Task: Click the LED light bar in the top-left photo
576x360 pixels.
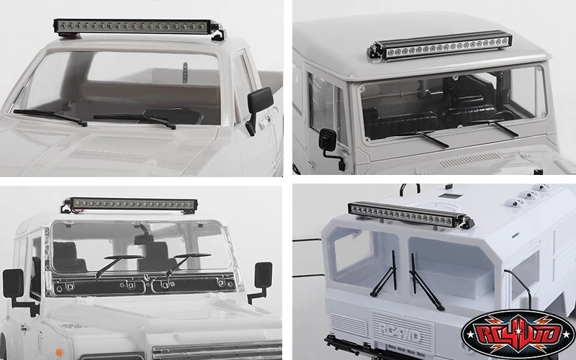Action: [x=133, y=27]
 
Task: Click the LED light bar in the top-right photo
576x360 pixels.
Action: [x=439, y=46]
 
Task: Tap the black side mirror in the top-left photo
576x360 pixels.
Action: [x=259, y=107]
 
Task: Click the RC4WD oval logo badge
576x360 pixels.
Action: [x=518, y=335]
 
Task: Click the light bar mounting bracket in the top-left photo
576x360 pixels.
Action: [x=218, y=33]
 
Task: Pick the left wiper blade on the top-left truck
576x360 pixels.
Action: [x=50, y=117]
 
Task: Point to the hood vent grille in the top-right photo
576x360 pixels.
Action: [x=469, y=160]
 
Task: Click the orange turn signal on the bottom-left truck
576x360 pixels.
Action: [x=59, y=352]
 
